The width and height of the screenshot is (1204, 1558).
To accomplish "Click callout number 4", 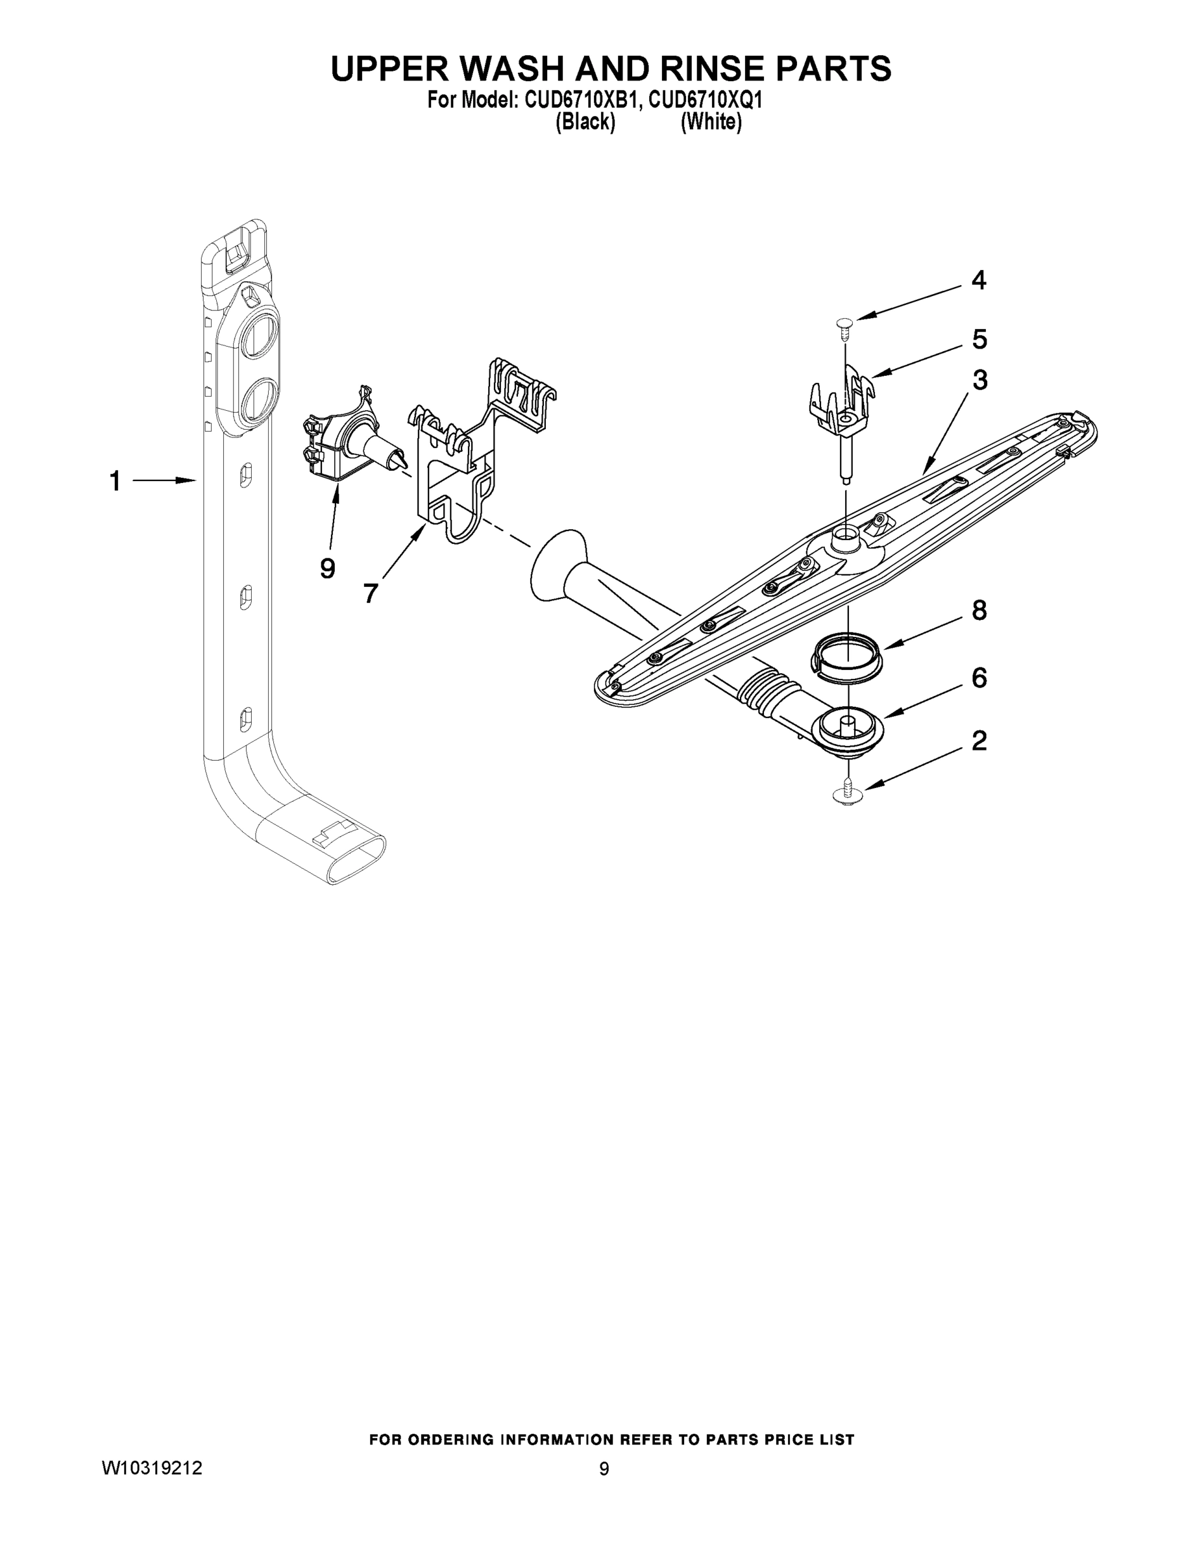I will [979, 281].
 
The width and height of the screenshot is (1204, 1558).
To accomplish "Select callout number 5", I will [979, 340].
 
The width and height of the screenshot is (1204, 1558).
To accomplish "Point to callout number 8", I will [979, 611].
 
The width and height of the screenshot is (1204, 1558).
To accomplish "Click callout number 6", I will [979, 678].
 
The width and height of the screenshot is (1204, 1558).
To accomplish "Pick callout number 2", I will [979, 741].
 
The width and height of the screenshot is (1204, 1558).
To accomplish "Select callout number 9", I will [327, 569].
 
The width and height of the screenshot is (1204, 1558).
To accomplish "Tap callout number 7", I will [370, 593].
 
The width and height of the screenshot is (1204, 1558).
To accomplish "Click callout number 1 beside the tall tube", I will [115, 482].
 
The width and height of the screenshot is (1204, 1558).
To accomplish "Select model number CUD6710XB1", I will [580, 101].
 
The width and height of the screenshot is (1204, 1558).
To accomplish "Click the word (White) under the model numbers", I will [711, 123].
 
